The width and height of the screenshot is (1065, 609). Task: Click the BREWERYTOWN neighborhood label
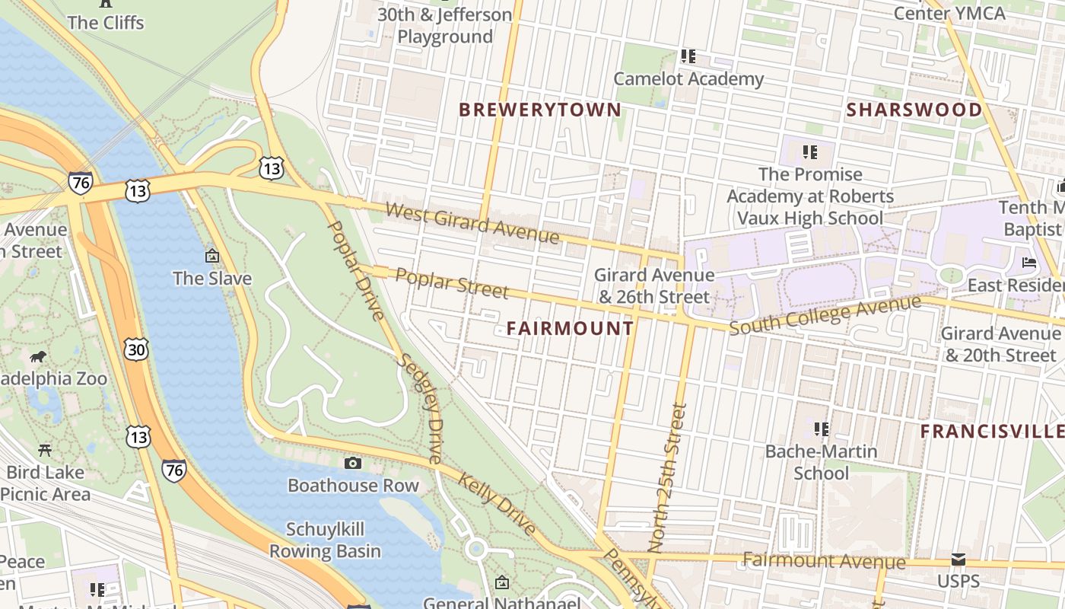click(x=540, y=110)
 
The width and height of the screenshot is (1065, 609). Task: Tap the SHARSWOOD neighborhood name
click(x=914, y=110)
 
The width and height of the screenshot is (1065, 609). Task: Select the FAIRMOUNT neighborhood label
click(x=570, y=328)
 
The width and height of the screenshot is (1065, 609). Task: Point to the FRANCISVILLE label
click(x=992, y=432)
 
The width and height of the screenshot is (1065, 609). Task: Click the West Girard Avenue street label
click(x=472, y=222)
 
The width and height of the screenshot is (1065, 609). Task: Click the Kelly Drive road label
click(x=497, y=502)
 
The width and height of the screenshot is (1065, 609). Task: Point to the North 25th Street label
click(x=668, y=477)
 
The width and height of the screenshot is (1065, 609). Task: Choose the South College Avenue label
click(x=825, y=315)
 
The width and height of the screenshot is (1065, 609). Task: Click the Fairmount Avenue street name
click(x=824, y=562)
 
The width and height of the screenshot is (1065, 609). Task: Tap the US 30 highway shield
click(x=136, y=349)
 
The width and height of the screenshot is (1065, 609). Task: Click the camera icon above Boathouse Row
click(x=352, y=463)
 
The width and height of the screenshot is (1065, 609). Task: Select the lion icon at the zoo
click(x=38, y=357)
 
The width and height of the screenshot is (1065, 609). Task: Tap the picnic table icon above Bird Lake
click(x=45, y=450)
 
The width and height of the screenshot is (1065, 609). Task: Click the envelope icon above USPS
click(x=958, y=560)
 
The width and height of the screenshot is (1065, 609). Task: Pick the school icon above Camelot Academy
click(x=688, y=56)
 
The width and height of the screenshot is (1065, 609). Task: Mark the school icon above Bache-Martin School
click(x=821, y=429)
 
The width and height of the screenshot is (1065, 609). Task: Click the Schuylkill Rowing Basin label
click(x=325, y=540)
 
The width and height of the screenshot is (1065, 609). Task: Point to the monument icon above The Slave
click(x=211, y=256)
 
